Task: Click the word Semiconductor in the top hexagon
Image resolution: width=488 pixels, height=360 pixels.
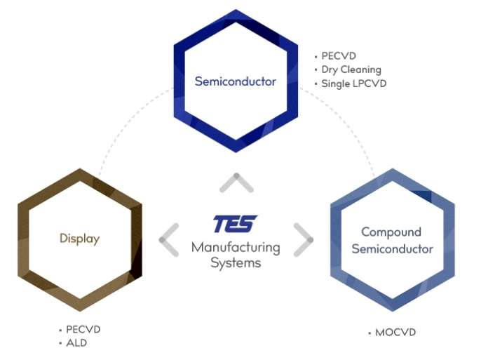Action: [236, 81]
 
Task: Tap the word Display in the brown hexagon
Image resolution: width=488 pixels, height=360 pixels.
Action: [79, 239]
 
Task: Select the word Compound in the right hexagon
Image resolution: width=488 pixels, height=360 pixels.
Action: [391, 232]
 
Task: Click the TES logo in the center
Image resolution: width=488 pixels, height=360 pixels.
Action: [235, 225]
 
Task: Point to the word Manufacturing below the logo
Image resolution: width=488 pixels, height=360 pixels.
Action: [236, 248]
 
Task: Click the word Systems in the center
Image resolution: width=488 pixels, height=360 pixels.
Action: [236, 263]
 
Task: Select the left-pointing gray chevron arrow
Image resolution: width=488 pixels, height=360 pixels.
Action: [169, 240]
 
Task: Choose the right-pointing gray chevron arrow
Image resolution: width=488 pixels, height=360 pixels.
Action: [302, 240]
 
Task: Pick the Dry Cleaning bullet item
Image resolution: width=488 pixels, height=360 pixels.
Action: [351, 69]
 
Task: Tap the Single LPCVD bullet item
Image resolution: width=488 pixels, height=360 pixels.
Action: [353, 84]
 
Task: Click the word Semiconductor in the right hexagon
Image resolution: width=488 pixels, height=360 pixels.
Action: [392, 249]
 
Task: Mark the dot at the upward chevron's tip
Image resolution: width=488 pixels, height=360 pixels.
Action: [236, 175]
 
